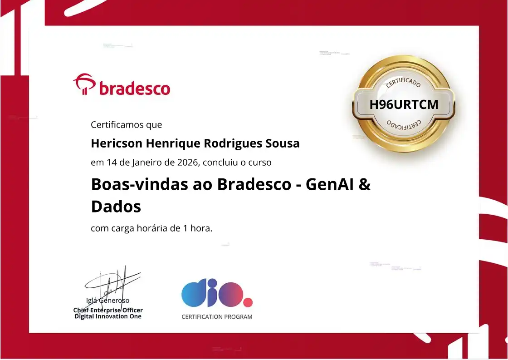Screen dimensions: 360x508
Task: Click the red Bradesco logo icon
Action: tap(84, 85)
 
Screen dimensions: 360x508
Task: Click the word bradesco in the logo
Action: tap(134, 88)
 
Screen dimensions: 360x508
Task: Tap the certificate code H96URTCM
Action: tap(404, 104)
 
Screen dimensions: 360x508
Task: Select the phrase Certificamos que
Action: tap(126, 124)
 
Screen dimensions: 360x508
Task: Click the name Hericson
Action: tap(116, 143)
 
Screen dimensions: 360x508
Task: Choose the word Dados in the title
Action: tap(116, 207)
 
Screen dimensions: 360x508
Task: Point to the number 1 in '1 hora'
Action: tap(186, 228)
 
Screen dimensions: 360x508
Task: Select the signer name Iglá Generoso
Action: tap(108, 300)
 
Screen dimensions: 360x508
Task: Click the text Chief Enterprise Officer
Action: tap(108, 310)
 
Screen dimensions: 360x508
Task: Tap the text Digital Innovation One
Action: tap(108, 316)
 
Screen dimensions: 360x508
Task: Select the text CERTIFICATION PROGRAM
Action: tap(217, 317)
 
